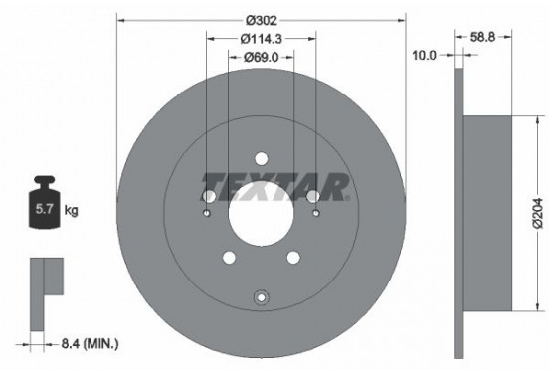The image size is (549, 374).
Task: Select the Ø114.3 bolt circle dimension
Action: (262, 38)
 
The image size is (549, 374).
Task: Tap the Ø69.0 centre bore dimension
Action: (262, 59)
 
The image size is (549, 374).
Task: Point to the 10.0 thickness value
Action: (425, 56)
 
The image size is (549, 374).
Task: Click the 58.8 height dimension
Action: (482, 38)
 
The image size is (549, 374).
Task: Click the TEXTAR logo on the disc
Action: (275, 185)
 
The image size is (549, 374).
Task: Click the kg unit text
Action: (71, 211)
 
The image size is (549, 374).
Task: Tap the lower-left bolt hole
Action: (229, 258)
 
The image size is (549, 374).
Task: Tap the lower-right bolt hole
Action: (293, 258)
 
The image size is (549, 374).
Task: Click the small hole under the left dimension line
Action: (207, 212)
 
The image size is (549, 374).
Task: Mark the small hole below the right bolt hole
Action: (316, 212)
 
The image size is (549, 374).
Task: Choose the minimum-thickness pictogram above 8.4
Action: (45, 288)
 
